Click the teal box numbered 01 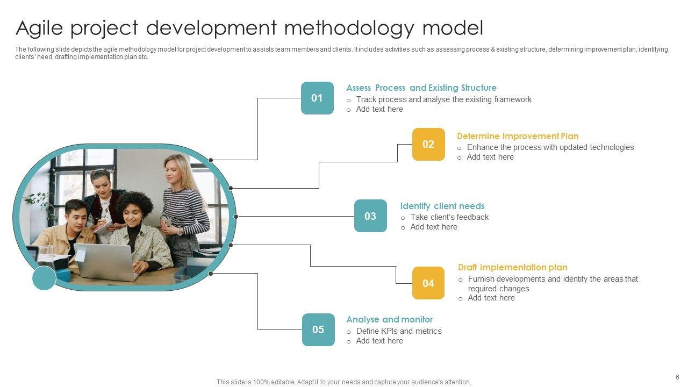(317, 98)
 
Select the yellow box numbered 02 (428, 144)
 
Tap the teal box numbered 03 (370, 216)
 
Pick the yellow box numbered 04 (428, 283)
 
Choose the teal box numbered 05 (318, 329)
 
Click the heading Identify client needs (442, 206)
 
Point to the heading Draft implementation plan (512, 267)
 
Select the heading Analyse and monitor (389, 319)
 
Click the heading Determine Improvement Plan (518, 136)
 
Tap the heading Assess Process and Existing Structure (421, 88)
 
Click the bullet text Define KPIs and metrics (398, 331)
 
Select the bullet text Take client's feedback (449, 217)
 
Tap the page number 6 (677, 377)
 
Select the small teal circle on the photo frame (44, 278)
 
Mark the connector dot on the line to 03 (236, 217)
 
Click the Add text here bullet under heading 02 (490, 157)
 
